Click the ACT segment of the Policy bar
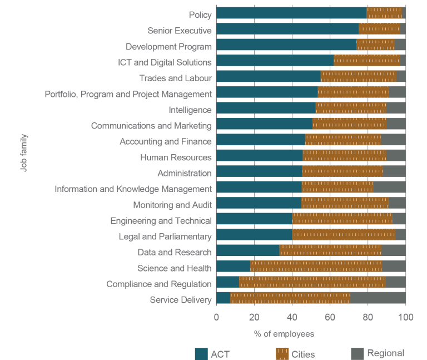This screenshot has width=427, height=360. [x=291, y=13]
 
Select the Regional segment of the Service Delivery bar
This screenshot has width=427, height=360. [x=378, y=300]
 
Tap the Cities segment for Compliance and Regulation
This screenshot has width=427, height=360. [x=312, y=284]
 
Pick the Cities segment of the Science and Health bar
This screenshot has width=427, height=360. [x=316, y=268]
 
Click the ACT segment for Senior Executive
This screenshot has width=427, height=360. [x=287, y=29]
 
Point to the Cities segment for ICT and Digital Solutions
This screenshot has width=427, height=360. [x=366, y=61]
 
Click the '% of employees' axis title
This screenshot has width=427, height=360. [x=284, y=334]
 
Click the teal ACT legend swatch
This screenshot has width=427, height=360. [x=201, y=353]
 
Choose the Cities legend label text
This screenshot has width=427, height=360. [x=303, y=354]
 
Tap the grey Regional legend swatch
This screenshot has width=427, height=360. [x=357, y=353]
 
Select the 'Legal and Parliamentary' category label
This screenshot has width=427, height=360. [x=165, y=236]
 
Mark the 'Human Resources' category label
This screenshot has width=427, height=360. [x=176, y=157]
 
